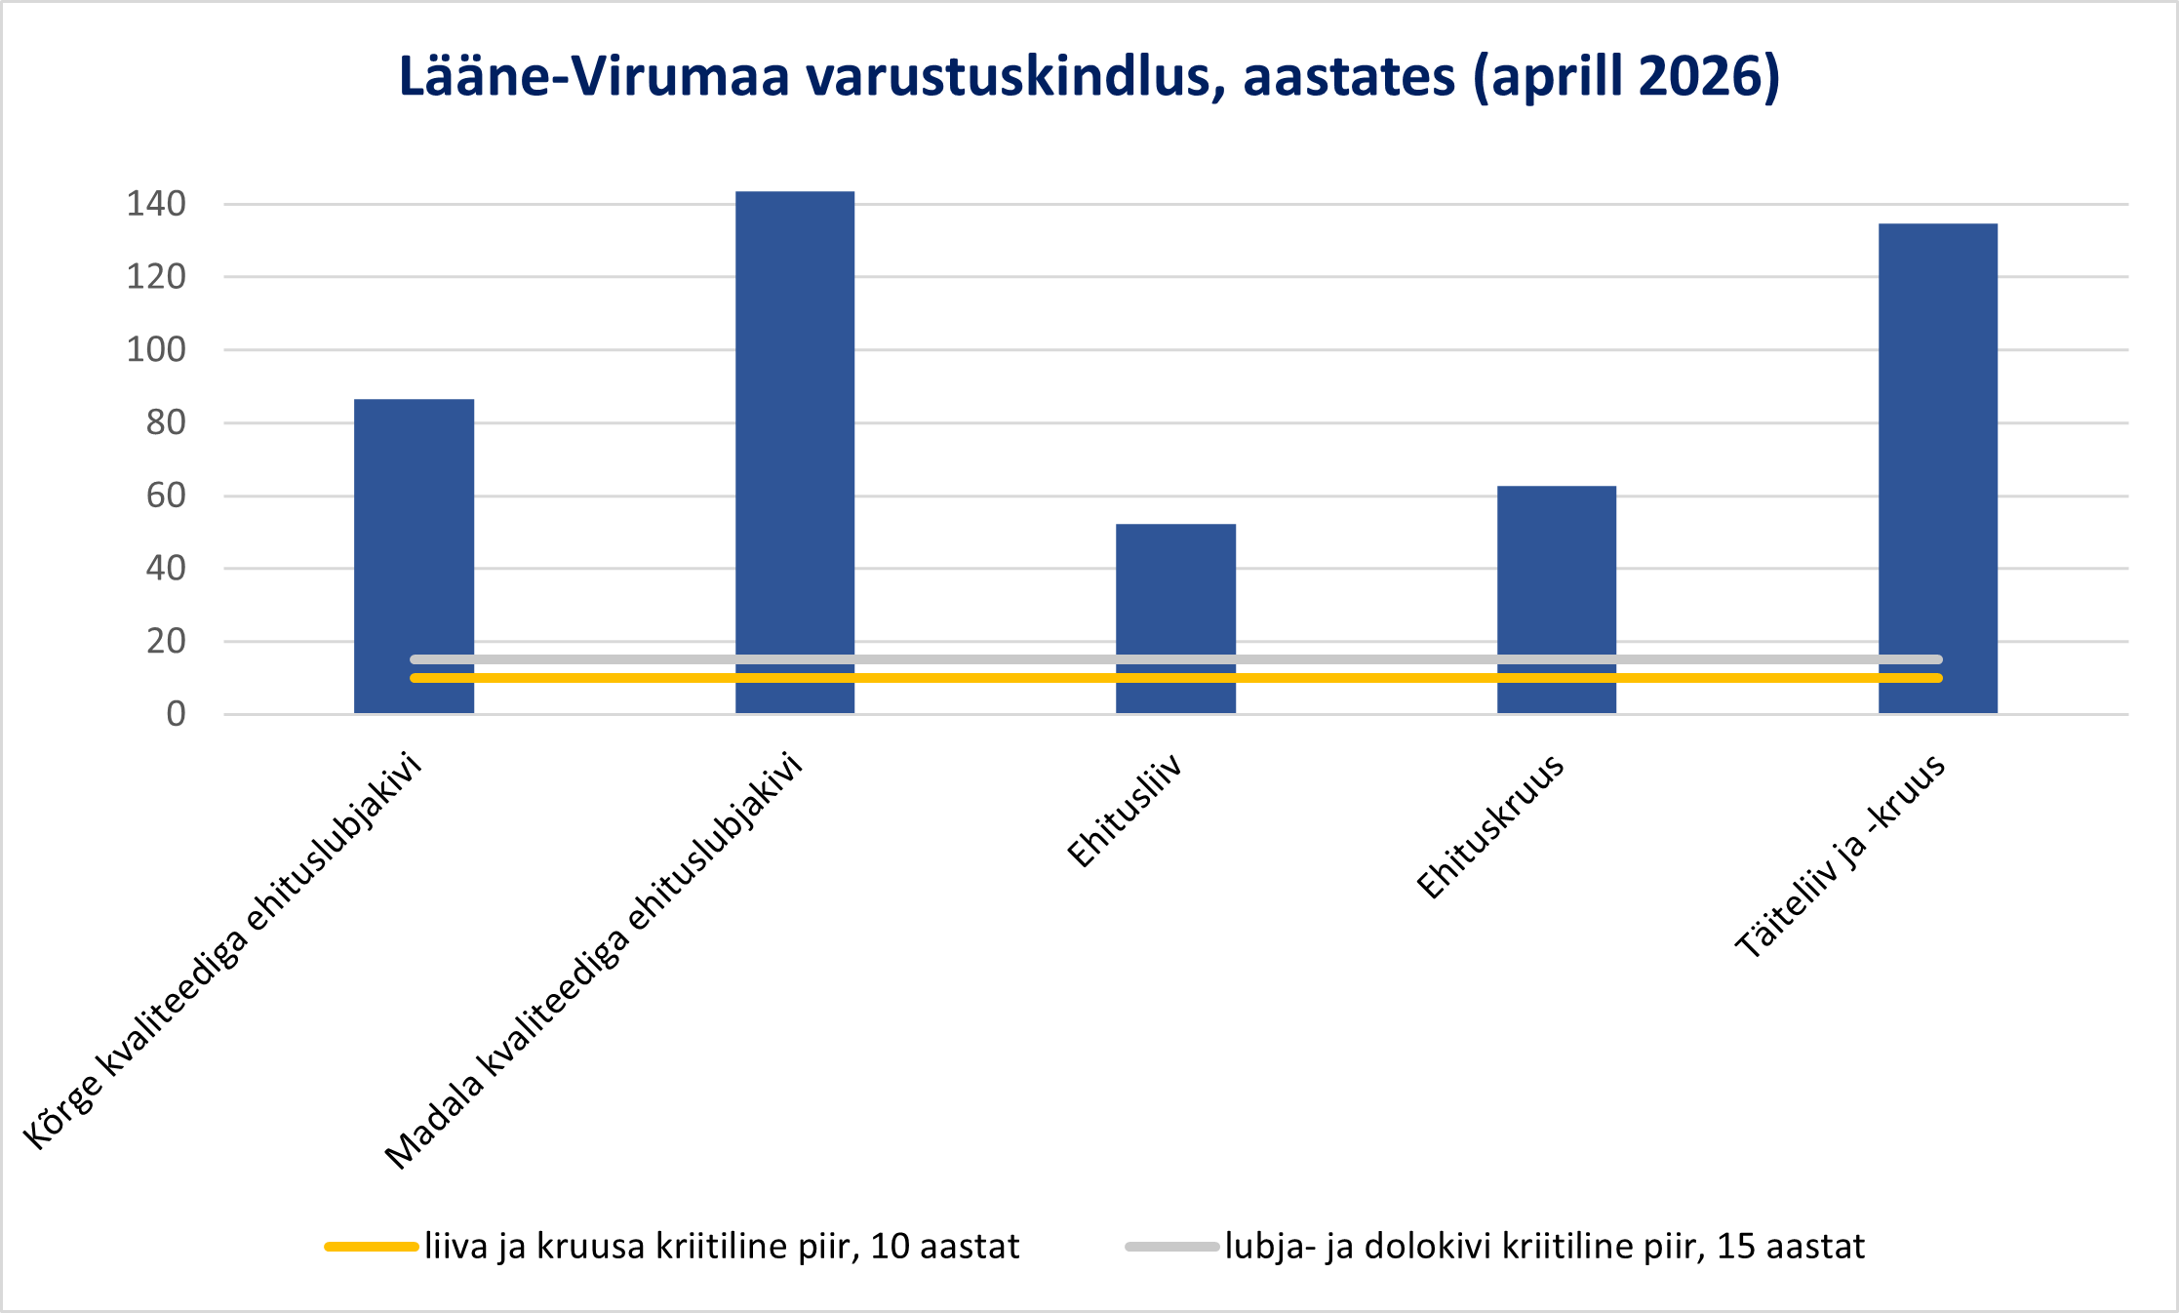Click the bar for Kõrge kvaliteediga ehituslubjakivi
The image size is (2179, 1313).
(x=414, y=556)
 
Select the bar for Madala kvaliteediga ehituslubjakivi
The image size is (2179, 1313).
(x=795, y=453)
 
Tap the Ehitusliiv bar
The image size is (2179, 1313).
(x=1175, y=618)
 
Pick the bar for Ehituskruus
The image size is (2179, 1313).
(x=1557, y=600)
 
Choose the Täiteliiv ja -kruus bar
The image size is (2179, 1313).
(x=1938, y=468)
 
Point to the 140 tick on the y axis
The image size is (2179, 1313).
(x=156, y=204)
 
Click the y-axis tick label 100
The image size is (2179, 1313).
(x=156, y=349)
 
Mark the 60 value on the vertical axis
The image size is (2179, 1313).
(x=166, y=496)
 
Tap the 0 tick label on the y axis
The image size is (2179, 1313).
(x=176, y=714)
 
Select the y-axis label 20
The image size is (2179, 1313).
(x=166, y=641)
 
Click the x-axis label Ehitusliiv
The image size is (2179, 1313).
(x=1126, y=810)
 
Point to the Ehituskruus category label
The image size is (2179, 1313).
(x=1490, y=826)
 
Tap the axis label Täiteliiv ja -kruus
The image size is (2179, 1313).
(x=1841, y=855)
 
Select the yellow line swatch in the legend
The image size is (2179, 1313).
(x=372, y=1247)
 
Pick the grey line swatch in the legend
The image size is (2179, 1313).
(x=1172, y=1247)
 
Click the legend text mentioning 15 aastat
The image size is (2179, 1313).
(x=1545, y=1247)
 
